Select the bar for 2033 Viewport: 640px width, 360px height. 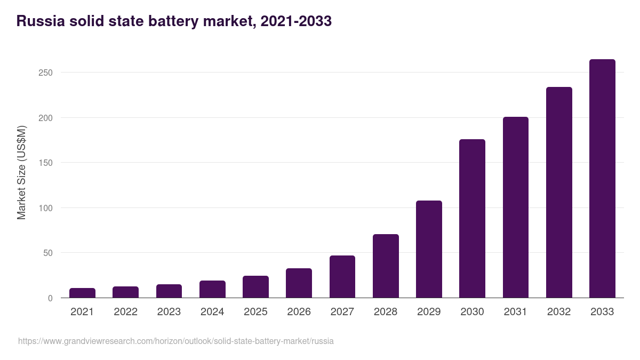pyautogui.click(x=602, y=179)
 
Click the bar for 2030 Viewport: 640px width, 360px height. pyautogui.click(x=472, y=219)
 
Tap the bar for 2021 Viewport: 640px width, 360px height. pyautogui.click(x=82, y=293)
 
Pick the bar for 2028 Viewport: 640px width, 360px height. pyautogui.click(x=386, y=266)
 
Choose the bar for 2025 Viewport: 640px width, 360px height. pyautogui.click(x=255, y=287)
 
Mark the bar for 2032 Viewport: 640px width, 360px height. pyautogui.click(x=559, y=193)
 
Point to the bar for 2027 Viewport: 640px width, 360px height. pyautogui.click(x=342, y=277)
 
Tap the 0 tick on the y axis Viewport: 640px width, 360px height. pyautogui.click(x=50, y=298)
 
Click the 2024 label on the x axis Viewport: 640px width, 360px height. pyautogui.click(x=212, y=312)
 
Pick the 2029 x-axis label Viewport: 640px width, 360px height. pyautogui.click(x=429, y=312)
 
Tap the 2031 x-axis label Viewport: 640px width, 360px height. pyautogui.click(x=516, y=312)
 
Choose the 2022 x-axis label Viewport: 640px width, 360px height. pyautogui.click(x=125, y=312)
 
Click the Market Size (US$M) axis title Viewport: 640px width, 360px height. pyautogui.click(x=21, y=173)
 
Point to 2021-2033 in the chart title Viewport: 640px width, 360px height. pyautogui.click(x=293, y=21)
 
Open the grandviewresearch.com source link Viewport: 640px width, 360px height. pyautogui.click(x=176, y=341)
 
